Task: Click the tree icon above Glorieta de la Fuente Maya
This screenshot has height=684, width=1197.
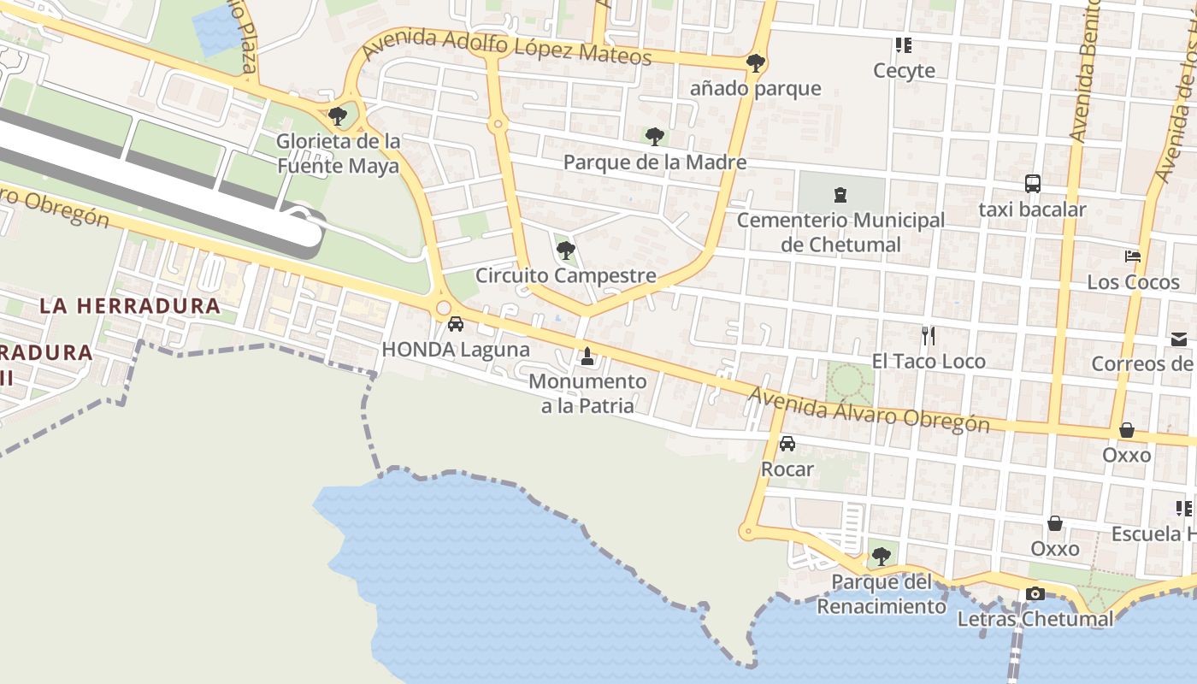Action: coord(338,115)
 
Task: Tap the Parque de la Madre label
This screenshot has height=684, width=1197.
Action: coord(655,162)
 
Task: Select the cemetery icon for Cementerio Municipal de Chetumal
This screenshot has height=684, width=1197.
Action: coord(840,195)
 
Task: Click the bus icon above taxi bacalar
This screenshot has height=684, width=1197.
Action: coord(1033,183)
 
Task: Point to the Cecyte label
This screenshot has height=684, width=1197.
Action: coord(904,70)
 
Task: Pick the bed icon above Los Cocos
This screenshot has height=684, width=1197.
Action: coord(1133,256)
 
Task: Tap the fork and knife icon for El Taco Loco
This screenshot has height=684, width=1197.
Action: coord(929,335)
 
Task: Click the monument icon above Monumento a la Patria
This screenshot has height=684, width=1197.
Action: coord(587,355)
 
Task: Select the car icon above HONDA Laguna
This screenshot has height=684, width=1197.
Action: coord(456,324)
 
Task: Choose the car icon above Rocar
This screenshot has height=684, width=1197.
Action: coord(787,444)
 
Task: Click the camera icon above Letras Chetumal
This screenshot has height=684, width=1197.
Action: coord(1035,593)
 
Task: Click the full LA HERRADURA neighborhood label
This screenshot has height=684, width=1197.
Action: coord(130,305)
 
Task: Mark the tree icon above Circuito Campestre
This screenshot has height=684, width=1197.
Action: coord(565,251)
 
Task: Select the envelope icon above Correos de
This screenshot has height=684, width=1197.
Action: coord(1179,339)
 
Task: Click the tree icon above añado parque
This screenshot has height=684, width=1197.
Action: coord(755,62)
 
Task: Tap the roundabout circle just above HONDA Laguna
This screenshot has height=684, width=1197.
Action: coord(443,308)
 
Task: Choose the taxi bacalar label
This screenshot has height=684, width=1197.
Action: coord(1032,209)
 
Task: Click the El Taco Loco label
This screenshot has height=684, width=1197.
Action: coord(929,362)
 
